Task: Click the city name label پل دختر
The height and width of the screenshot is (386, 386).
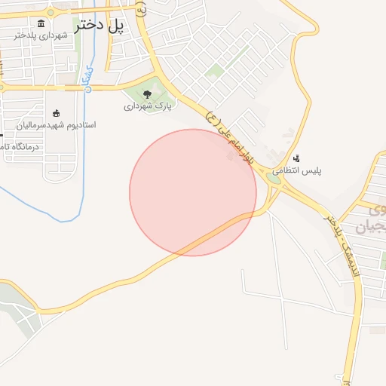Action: coord(99,25)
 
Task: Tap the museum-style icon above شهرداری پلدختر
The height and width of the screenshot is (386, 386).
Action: coord(40,23)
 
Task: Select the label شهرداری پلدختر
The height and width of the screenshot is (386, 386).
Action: coord(35,35)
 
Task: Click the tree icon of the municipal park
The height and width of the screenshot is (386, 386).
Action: coord(147,94)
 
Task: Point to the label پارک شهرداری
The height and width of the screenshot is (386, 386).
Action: coord(148,106)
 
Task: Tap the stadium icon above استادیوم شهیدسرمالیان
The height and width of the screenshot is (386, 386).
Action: coord(57,113)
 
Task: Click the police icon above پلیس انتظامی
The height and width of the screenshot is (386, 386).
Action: coord(297,159)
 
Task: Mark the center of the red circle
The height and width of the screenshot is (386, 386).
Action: coord(193,192)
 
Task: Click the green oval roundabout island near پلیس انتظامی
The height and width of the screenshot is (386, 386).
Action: coord(275,179)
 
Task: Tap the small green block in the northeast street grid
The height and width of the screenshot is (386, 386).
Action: coord(216,71)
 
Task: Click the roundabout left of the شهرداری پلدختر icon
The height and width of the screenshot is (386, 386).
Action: coord(51,12)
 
